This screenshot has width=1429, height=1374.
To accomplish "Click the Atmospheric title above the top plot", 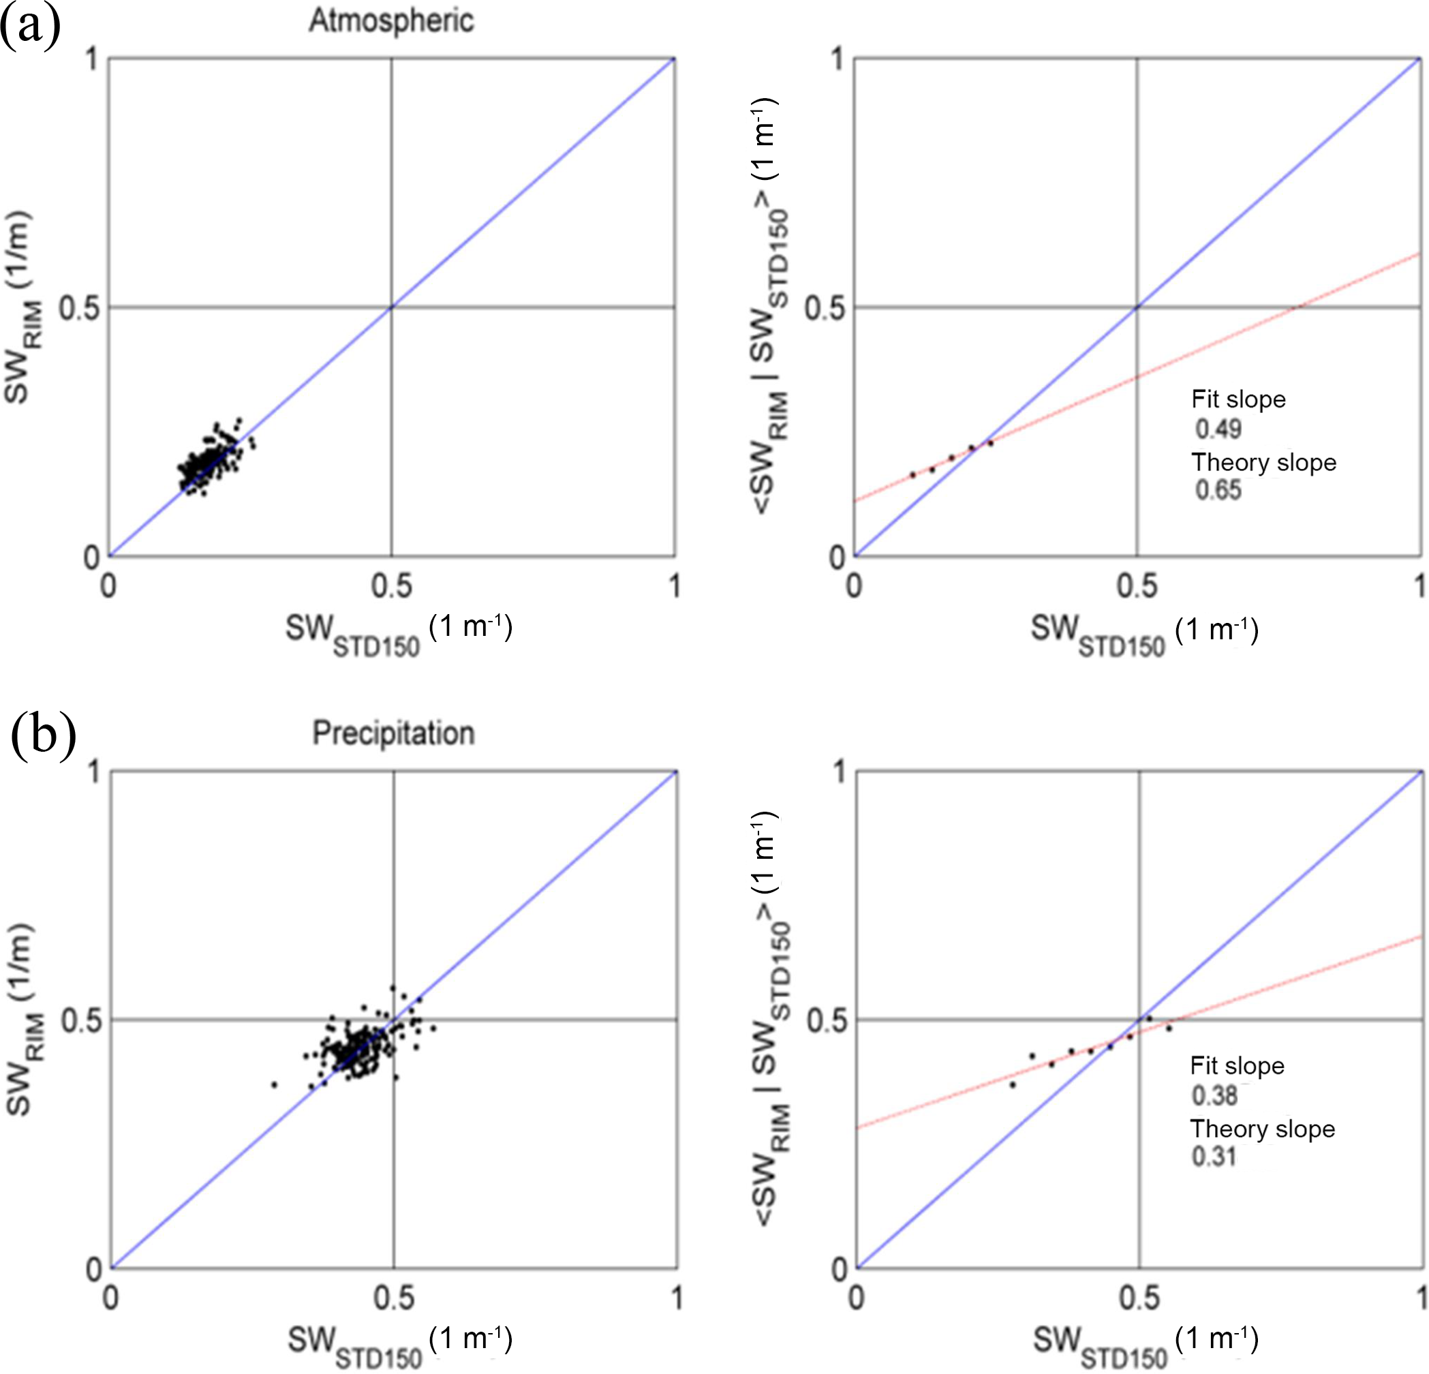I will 392,20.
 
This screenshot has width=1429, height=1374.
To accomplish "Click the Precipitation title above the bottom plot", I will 393,733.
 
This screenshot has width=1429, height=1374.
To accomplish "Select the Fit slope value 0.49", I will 1218,429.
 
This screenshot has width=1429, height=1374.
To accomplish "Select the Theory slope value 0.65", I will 1218,490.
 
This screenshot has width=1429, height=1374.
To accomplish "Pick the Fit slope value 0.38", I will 1214,1095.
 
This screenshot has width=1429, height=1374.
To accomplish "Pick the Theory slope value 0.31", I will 1214,1157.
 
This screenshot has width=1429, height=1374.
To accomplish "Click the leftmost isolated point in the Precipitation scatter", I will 274,1084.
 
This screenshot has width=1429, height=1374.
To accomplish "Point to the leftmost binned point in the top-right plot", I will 912,475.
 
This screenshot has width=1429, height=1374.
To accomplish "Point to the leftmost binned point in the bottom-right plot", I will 1012,1084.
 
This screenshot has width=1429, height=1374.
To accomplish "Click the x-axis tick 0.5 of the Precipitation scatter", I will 393,1298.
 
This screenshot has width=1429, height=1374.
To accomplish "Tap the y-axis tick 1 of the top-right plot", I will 837,60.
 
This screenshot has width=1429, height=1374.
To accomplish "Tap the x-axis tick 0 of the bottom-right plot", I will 856,1298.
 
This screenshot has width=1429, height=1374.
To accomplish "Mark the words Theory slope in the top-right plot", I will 1263,462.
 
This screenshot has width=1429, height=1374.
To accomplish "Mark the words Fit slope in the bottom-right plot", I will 1237,1065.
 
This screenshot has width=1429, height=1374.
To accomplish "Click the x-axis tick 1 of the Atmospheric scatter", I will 675,586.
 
